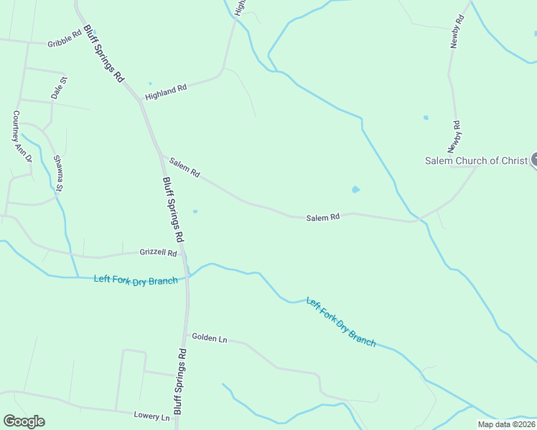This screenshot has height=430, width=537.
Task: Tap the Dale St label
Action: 58,87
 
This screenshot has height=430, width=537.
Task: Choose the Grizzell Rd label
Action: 159,253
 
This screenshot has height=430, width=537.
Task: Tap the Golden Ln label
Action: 209,338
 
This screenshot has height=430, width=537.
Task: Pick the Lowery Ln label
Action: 151,416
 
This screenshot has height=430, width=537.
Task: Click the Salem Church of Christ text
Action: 476,161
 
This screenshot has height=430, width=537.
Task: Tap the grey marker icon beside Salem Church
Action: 533,161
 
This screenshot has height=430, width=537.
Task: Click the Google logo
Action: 24,421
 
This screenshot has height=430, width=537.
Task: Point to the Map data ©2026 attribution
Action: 506,424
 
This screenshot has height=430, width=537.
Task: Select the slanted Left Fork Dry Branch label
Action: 340,322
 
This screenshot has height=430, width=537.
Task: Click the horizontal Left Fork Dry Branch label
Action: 136,280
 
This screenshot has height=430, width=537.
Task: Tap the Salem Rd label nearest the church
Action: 322,217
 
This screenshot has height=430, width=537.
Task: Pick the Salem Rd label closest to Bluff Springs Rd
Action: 185,169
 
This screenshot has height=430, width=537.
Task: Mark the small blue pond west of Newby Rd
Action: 426,118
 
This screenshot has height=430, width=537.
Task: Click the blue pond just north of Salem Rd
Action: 355,190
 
